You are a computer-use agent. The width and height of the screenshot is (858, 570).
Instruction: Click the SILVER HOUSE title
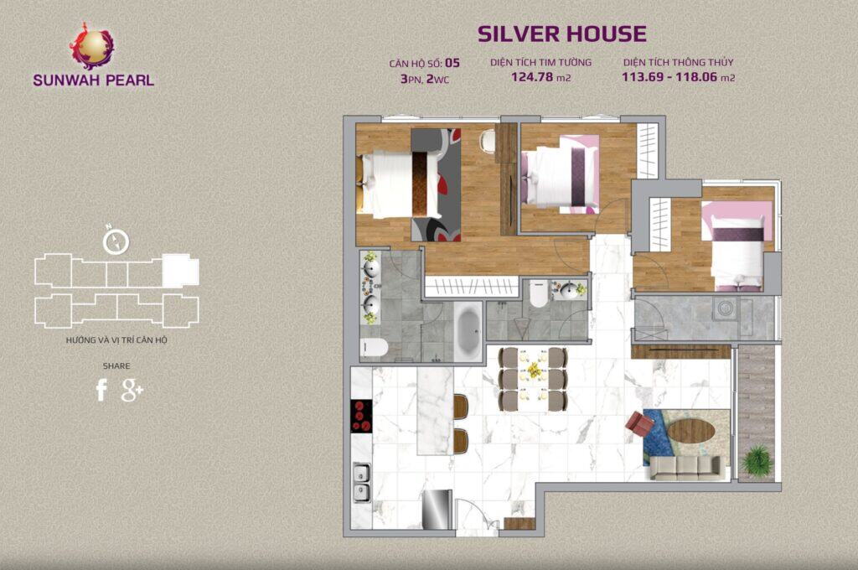(x=561, y=34)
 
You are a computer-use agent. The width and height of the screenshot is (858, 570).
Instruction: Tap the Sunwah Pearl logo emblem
(x=93, y=46)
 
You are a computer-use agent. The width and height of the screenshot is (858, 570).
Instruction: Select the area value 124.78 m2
(x=540, y=78)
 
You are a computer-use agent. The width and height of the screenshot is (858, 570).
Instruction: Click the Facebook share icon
(x=101, y=390)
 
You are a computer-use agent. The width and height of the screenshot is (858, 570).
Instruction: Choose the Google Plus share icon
(x=132, y=390)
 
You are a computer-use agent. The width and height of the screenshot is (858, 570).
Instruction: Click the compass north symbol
(x=116, y=241)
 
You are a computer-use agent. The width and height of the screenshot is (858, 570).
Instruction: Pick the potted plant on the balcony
(x=757, y=459)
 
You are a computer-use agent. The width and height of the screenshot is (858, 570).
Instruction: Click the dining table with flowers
(x=533, y=378)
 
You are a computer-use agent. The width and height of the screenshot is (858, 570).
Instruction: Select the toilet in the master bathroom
(x=373, y=348)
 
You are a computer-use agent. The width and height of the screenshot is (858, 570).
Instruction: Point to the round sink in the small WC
(x=571, y=291)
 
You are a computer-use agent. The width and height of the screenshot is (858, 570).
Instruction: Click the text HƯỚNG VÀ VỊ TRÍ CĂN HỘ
(x=116, y=340)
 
